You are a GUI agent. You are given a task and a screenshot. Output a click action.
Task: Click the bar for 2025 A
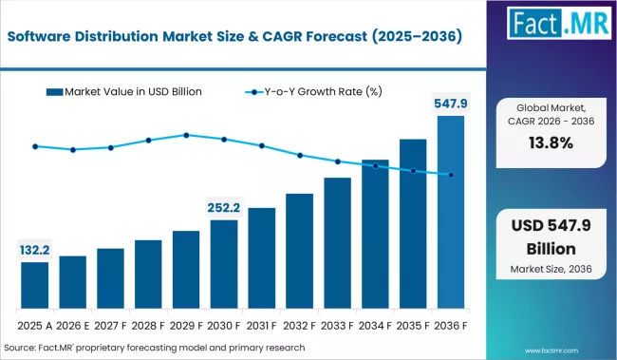tap(34, 284)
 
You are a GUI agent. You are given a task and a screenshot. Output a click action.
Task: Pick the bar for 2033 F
tap(337, 242)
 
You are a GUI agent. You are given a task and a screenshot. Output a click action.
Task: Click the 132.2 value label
tap(34, 250)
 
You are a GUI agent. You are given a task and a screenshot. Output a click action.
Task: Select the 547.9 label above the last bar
tap(451, 104)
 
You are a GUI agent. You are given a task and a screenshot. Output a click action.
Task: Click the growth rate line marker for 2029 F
tap(186, 135)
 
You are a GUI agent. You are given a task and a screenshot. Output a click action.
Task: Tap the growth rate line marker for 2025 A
tap(34, 146)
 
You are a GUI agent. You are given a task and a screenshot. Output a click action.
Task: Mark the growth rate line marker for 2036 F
tap(451, 175)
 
